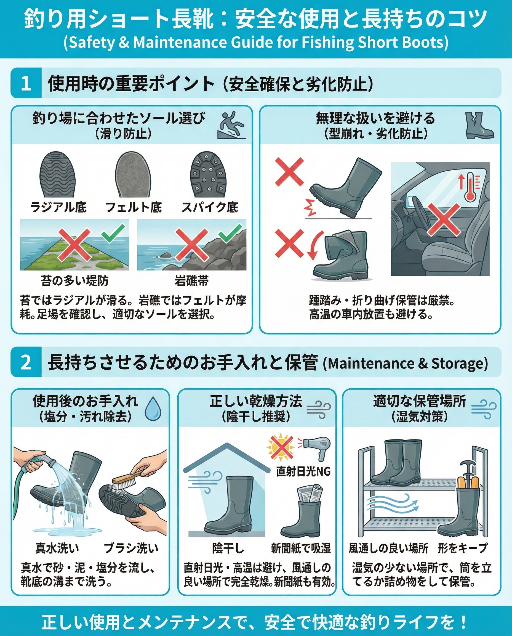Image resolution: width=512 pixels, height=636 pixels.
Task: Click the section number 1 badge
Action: tap(26, 83)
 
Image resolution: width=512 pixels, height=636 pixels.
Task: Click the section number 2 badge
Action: tap(26, 362)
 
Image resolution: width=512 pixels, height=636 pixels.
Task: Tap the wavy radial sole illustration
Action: tap(58, 175)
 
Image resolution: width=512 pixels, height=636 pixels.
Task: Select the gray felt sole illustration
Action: tap(133, 175)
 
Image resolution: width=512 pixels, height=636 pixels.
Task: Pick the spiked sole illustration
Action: tap(208, 175)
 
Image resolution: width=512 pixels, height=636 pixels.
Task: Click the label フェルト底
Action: tap(134, 207)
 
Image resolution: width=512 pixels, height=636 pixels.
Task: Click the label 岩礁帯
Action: tap(192, 280)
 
